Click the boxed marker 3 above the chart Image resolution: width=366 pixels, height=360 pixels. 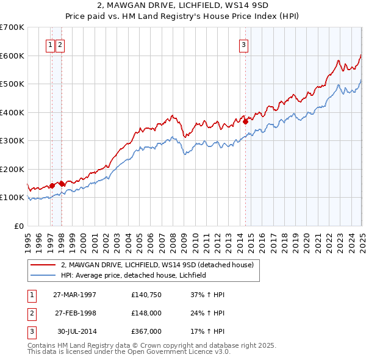[x=243, y=44]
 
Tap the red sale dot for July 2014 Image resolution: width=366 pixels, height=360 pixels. [x=245, y=121]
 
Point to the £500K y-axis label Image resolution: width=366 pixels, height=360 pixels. [x=12, y=84]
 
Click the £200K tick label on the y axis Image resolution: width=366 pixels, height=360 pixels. [x=12, y=169]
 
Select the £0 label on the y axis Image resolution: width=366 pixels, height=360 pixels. [x=18, y=226]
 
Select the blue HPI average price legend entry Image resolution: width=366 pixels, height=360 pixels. [x=134, y=275]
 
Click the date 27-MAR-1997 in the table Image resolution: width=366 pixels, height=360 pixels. [x=75, y=294]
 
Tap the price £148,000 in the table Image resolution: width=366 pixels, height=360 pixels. [x=146, y=313]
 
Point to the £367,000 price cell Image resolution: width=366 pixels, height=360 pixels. [x=146, y=331]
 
